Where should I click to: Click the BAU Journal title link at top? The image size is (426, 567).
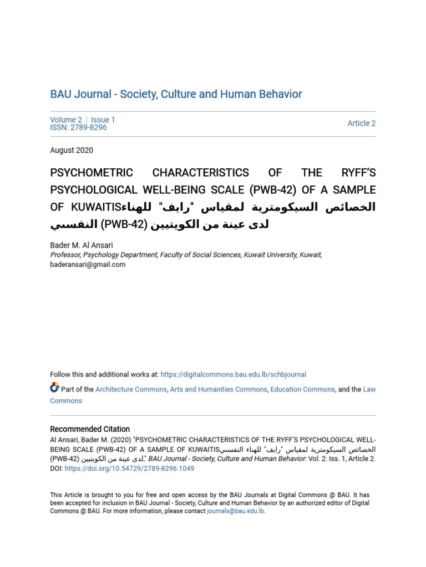(176, 94)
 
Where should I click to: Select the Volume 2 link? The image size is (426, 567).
(65, 120)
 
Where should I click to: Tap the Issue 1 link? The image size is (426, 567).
(103, 120)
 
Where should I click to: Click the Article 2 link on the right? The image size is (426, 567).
(361, 123)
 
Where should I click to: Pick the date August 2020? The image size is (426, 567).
(72, 150)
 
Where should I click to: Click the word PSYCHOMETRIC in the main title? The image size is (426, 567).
(92, 173)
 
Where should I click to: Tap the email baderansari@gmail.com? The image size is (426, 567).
(88, 265)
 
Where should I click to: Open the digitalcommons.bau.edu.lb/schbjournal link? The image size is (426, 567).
(233, 374)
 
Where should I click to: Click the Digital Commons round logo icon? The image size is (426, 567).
(54, 388)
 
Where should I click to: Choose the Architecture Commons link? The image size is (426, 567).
(131, 389)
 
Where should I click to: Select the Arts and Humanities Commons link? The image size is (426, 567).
(219, 389)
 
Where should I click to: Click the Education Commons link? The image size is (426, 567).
(302, 389)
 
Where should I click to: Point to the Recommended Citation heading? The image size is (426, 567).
(90, 429)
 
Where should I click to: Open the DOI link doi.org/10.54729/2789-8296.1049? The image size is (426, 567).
(129, 468)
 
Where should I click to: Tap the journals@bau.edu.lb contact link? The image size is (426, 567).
(235, 512)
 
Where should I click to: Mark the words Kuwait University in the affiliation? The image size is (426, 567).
(271, 255)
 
